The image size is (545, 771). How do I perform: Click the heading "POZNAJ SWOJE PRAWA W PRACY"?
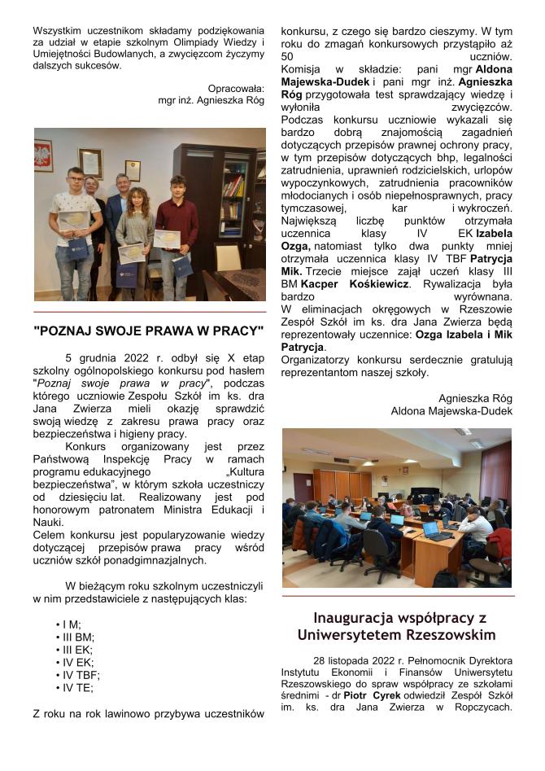[x=149, y=331]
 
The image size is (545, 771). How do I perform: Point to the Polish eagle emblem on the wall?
[x=44, y=154]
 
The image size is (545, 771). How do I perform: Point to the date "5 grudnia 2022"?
[x=104, y=357]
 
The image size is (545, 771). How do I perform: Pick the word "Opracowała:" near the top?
[x=236, y=88]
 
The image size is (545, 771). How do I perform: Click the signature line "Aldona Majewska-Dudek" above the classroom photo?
[x=451, y=411]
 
